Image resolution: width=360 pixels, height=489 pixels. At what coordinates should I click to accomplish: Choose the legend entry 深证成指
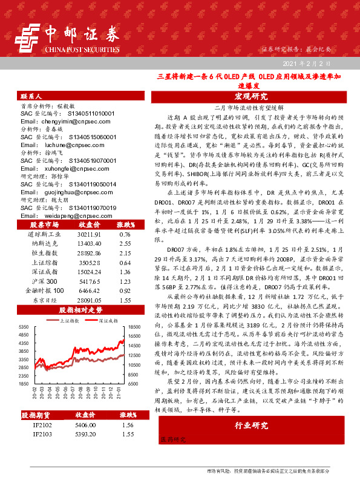tap(106, 321)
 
